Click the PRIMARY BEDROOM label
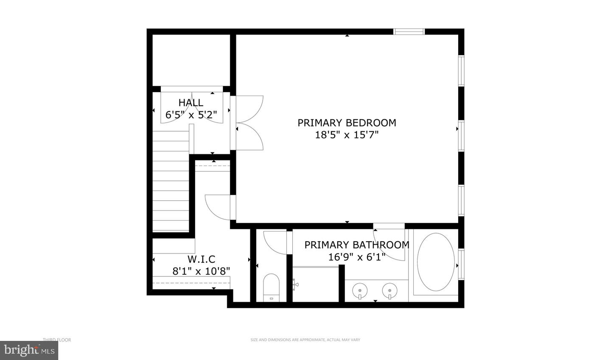pyautogui.click(x=347, y=123)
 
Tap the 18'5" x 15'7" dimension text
pyautogui.click(x=347, y=135)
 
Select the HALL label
pyautogui.click(x=191, y=103)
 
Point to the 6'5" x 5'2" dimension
pyautogui.click(x=191, y=115)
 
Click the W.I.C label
pyautogui.click(x=201, y=259)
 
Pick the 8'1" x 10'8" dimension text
pyautogui.click(x=201, y=271)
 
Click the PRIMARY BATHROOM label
pyautogui.click(x=357, y=245)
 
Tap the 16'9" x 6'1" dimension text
pyautogui.click(x=357, y=257)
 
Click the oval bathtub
pyautogui.click(x=436, y=262)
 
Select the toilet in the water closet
pyautogui.click(x=272, y=288)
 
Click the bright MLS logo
pyautogui.click(x=29, y=350)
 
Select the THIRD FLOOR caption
pyautogui.click(x=57, y=340)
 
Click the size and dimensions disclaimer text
pyautogui.click(x=305, y=340)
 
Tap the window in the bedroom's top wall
pyautogui.click(x=409, y=32)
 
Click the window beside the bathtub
pyautogui.click(x=461, y=264)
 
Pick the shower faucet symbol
pyautogui.click(x=295, y=284)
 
